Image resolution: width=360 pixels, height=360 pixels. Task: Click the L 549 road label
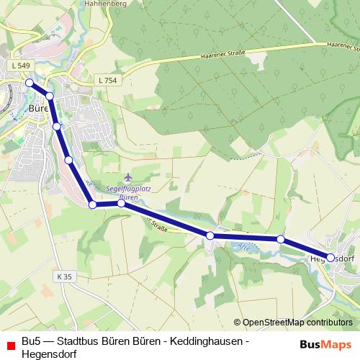pos(20,66)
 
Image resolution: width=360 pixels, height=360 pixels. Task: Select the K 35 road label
pos(65,276)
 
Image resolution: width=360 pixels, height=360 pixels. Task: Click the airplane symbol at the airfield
pos(128,176)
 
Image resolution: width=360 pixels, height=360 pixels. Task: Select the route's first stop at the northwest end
pos(30,83)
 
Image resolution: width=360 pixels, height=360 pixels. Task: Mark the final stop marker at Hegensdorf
pos(330,257)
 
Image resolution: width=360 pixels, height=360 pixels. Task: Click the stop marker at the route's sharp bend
pos(93,204)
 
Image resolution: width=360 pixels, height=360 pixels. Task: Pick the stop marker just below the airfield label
pos(121,204)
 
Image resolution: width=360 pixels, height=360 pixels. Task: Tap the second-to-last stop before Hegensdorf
pos(281,239)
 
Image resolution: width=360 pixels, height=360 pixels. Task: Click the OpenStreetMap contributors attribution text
pos(297,323)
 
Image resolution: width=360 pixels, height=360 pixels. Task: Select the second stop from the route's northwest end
pos(50,96)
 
